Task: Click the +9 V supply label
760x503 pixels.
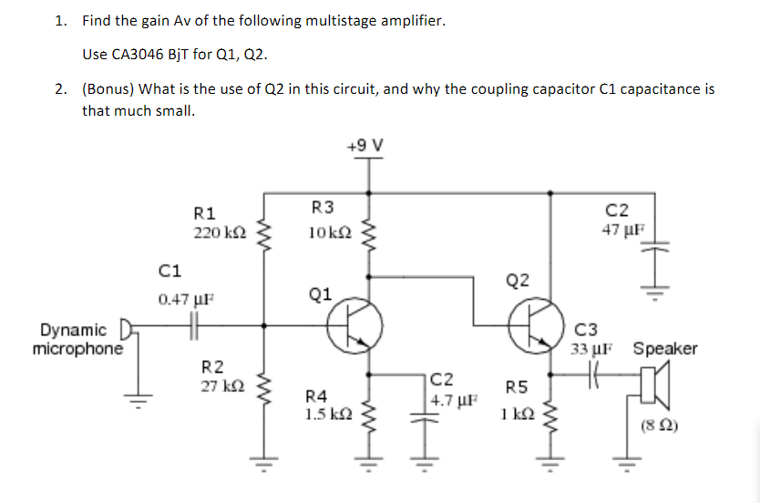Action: pos(366,146)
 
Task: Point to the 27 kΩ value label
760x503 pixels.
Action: pos(222,385)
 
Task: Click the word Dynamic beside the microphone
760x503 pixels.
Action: pos(73,330)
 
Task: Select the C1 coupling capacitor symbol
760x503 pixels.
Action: pos(193,323)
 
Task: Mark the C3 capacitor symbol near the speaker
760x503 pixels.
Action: pos(594,375)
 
